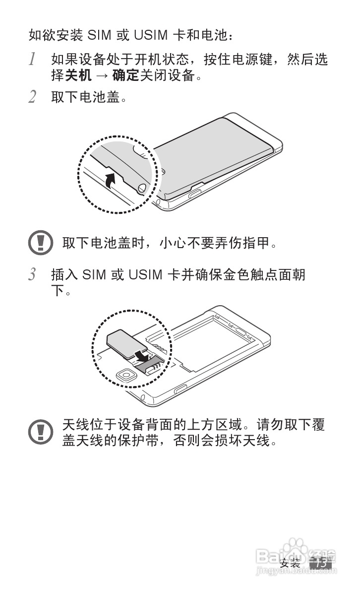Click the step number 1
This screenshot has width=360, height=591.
point(32,60)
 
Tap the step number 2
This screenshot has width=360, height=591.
point(32,97)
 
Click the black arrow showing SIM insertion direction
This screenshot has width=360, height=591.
point(142,355)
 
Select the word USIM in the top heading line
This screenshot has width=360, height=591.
point(146,35)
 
